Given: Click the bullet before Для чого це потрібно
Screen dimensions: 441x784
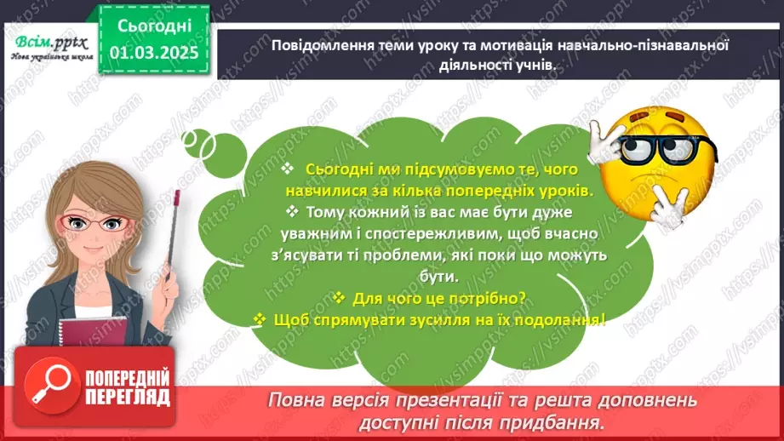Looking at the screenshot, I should point(338,298).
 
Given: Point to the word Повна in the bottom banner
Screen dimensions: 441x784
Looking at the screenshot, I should point(297,400).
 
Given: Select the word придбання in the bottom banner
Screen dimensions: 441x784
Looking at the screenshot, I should point(562,421).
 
